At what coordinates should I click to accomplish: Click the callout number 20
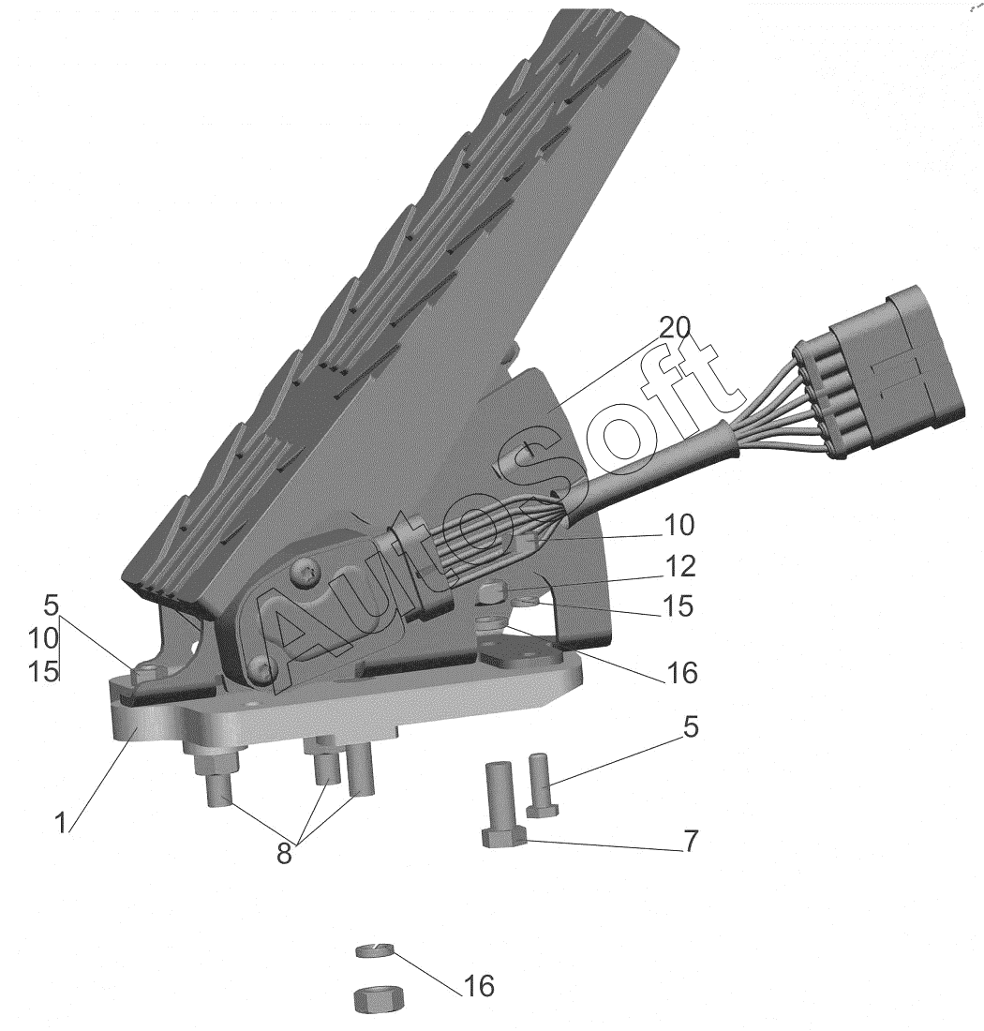(675, 327)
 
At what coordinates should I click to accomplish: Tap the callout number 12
(679, 566)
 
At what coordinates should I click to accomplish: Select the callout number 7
(690, 841)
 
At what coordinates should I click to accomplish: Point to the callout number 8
(284, 854)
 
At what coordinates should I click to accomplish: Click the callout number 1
(61, 823)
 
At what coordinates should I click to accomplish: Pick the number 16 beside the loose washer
(479, 986)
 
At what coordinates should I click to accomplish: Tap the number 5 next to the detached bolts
(691, 727)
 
